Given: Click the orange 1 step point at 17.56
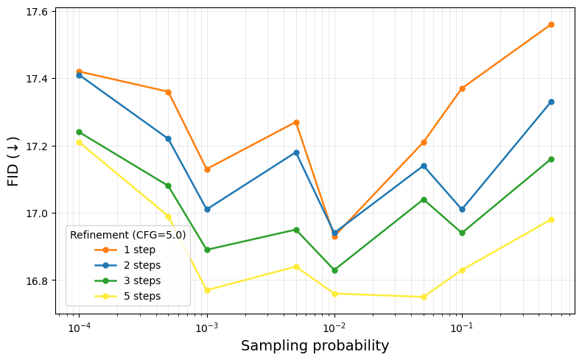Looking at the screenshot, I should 551,24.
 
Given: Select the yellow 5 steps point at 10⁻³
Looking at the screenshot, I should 207,290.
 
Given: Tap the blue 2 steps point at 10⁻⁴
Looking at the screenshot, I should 79,75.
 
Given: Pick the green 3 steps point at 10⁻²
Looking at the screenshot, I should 334,270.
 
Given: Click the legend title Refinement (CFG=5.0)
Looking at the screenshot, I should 127,235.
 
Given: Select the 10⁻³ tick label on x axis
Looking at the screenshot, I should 207,327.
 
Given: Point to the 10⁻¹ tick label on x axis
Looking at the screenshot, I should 462,327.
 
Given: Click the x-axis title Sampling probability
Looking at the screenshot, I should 315,345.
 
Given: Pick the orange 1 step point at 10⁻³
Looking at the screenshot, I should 207,169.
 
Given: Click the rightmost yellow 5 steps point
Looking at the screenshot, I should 551,219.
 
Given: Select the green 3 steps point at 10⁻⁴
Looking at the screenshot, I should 79,132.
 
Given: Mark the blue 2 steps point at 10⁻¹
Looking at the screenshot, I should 462,209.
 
